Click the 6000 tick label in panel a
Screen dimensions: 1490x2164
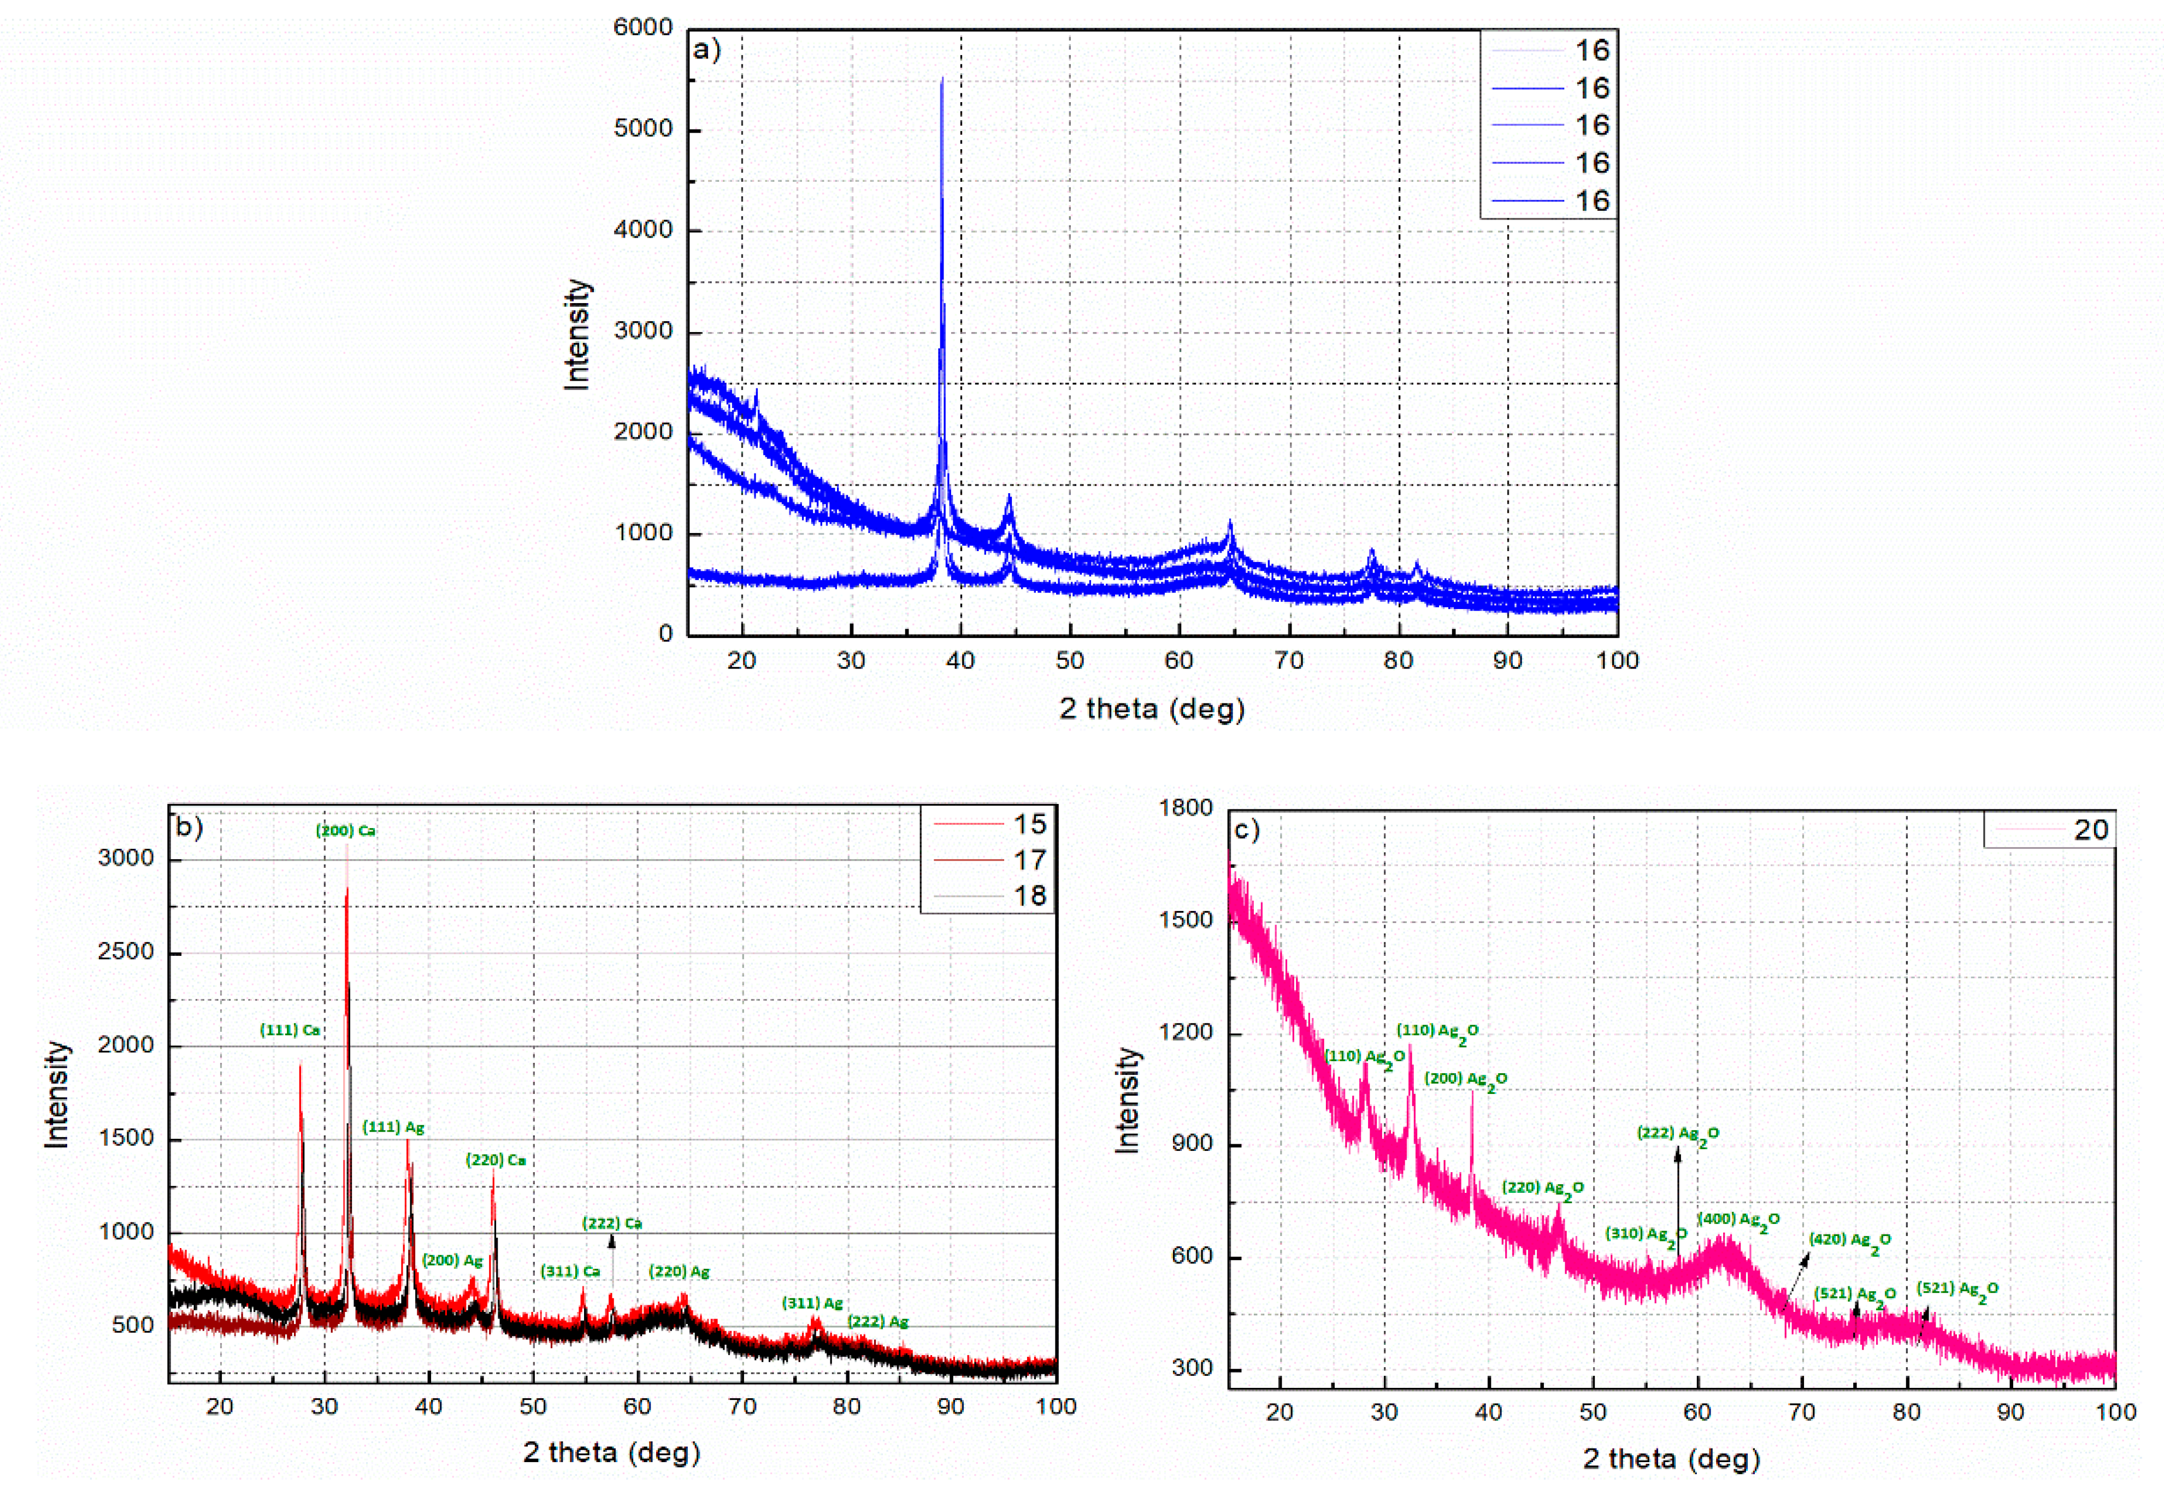click(642, 28)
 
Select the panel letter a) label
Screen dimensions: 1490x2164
click(707, 50)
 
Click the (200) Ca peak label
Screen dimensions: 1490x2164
click(345, 831)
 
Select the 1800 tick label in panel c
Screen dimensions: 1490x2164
click(1186, 808)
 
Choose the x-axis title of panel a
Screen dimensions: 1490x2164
click(1151, 708)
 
